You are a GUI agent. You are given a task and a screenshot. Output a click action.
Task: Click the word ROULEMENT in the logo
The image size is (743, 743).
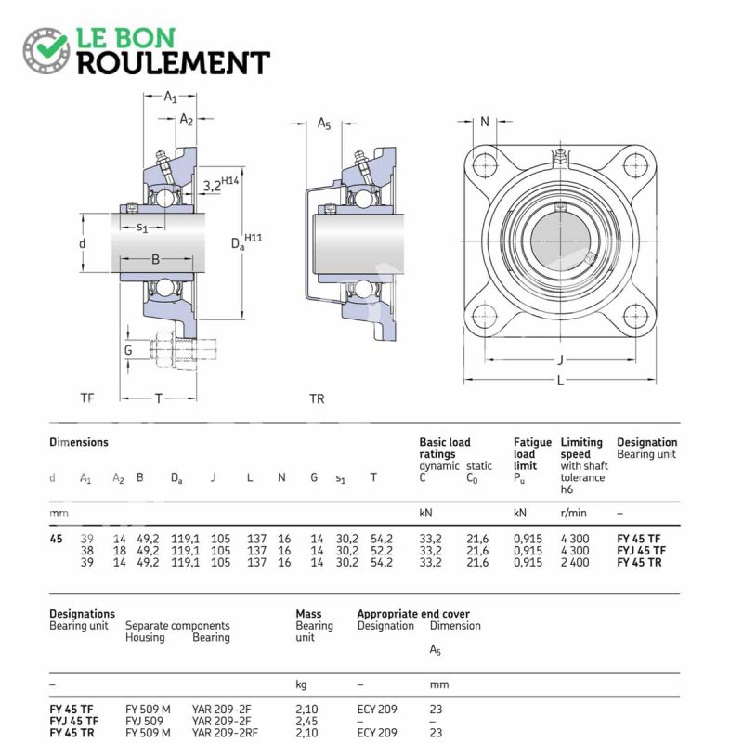pyautogui.click(x=173, y=62)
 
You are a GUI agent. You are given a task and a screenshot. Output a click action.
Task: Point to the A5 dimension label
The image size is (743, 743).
pyautogui.click(x=323, y=124)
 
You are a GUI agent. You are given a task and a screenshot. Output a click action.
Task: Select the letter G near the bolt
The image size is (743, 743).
pyautogui.click(x=128, y=350)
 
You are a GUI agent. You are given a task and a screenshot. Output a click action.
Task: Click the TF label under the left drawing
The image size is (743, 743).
pyautogui.click(x=87, y=398)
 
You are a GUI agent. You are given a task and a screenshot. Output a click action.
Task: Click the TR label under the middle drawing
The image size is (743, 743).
pyautogui.click(x=317, y=398)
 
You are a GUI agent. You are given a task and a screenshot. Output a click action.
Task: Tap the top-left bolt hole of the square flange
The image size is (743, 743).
pyautogui.click(x=484, y=165)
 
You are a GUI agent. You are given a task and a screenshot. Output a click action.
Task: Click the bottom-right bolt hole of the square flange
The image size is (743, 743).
pyautogui.click(x=634, y=316)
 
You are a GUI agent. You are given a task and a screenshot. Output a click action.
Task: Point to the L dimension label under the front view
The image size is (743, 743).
pyautogui.click(x=560, y=382)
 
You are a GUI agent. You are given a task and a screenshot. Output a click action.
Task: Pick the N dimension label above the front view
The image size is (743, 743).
pyautogui.click(x=485, y=122)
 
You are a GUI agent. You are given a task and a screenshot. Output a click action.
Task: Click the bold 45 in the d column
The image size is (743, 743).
pyautogui.click(x=57, y=538)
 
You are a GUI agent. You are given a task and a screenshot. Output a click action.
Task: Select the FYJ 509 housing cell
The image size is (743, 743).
pyautogui.click(x=145, y=721)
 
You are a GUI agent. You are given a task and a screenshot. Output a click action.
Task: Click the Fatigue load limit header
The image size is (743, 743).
pyautogui.click(x=532, y=454)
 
